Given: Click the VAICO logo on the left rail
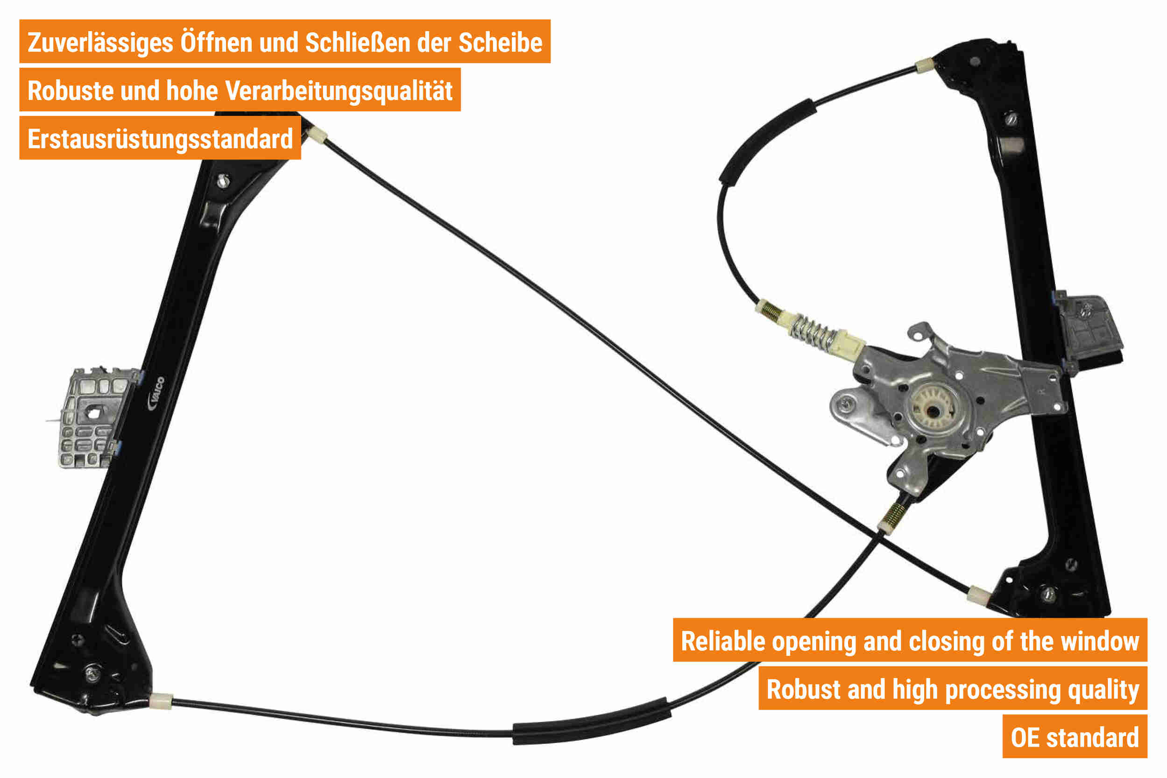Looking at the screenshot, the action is (x=156, y=394).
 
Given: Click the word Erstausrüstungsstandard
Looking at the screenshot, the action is (x=160, y=139).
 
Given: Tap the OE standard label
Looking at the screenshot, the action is (x=1075, y=738).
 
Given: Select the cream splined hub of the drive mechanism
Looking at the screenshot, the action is (x=934, y=410).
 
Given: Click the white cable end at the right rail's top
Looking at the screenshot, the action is (x=924, y=65).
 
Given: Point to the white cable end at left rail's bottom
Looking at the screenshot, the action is (x=161, y=700).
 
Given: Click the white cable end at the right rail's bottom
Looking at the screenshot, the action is (x=978, y=594).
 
